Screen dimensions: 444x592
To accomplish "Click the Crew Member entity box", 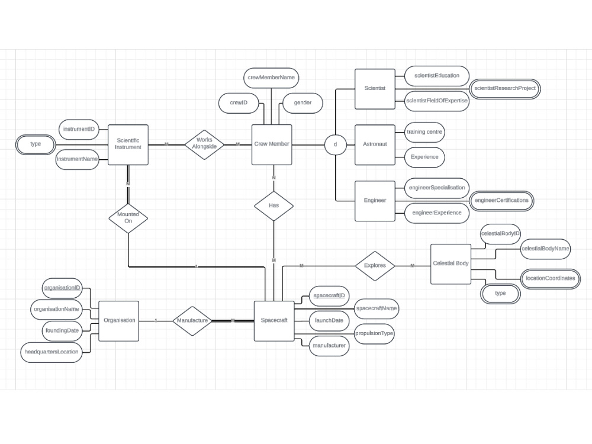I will [272, 144].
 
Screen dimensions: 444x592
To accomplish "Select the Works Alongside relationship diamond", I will [204, 144].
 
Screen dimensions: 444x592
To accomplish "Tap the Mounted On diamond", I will [128, 217].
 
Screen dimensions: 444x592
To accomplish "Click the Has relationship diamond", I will [274, 205].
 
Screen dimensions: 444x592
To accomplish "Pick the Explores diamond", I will [375, 265].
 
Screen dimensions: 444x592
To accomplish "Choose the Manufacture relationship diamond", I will [192, 320].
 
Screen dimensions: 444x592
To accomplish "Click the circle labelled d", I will [335, 144].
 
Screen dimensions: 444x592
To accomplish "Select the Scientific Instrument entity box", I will [128, 144].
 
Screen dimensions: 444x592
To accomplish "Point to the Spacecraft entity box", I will [274, 320].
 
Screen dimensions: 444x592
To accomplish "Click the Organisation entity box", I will [119, 320].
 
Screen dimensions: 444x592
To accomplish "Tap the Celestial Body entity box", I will [451, 263].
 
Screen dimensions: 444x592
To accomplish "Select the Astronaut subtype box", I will [375, 144].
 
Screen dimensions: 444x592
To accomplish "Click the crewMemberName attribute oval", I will [271, 78].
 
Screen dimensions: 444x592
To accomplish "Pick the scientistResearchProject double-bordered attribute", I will [505, 88].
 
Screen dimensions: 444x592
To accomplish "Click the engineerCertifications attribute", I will [501, 200].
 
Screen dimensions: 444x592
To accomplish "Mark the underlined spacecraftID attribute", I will [329, 295].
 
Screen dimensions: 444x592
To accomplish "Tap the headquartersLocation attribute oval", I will [52, 352].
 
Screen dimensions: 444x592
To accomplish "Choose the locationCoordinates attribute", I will [550, 278].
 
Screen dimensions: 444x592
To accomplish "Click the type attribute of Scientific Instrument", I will [36, 144].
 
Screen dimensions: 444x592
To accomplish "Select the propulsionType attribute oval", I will [374, 333].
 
